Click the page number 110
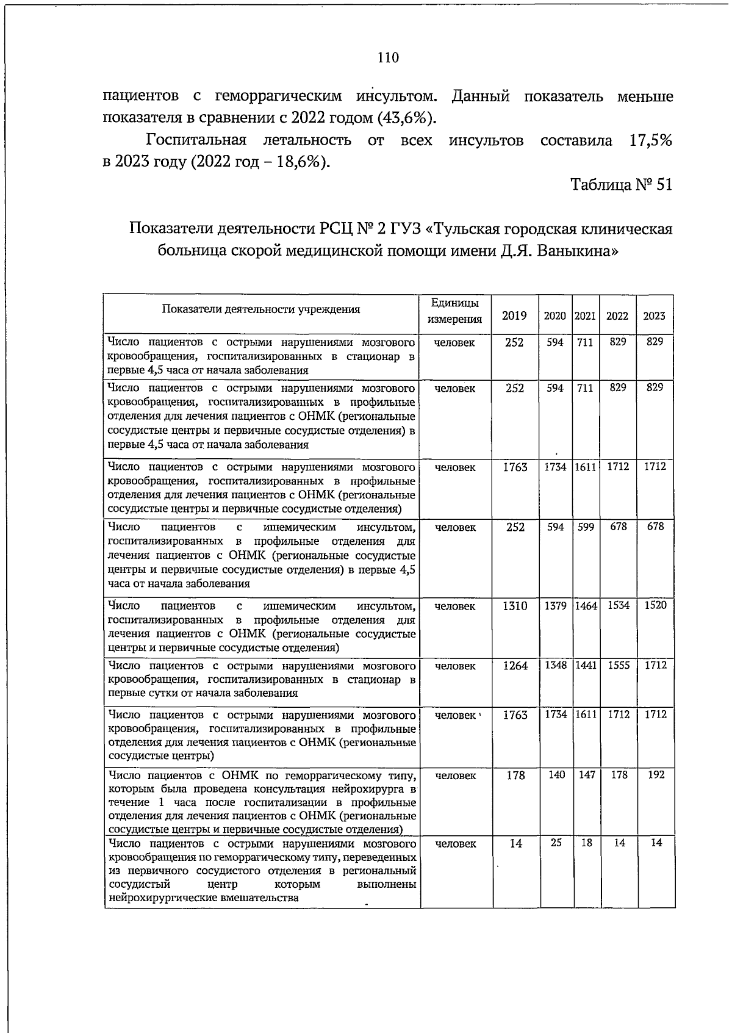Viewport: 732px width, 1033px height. click(x=388, y=58)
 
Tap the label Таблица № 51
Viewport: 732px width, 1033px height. click(x=621, y=184)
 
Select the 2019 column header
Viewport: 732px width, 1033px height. click(x=514, y=315)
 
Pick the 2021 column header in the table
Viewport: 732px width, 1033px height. click(x=586, y=315)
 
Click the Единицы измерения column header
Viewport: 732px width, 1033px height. click(x=455, y=311)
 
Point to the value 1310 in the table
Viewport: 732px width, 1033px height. click(x=515, y=606)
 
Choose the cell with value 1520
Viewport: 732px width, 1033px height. click(x=655, y=605)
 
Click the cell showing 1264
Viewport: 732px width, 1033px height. click(x=515, y=666)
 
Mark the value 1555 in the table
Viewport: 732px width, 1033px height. click(x=619, y=666)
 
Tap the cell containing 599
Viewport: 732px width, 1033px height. click(x=586, y=527)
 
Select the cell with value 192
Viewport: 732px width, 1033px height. click(x=656, y=775)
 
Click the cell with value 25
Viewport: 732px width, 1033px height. click(x=556, y=843)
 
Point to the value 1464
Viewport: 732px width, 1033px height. click(x=586, y=605)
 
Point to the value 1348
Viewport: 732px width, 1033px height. click(x=556, y=665)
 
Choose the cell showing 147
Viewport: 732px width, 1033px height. click(x=587, y=775)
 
